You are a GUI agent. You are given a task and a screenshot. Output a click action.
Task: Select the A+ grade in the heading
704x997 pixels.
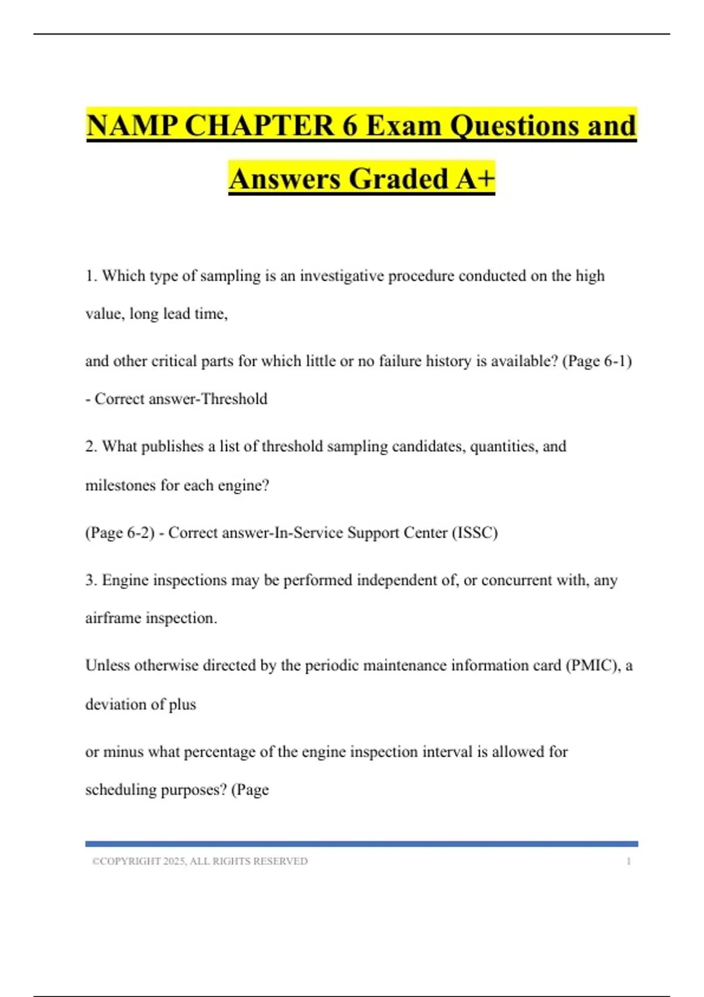[x=476, y=179]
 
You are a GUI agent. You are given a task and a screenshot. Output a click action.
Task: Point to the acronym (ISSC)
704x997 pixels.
[x=475, y=533]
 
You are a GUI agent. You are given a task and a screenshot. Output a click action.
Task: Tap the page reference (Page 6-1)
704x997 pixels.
[x=597, y=361]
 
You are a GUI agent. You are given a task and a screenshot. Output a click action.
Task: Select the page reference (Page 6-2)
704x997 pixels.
[x=120, y=533]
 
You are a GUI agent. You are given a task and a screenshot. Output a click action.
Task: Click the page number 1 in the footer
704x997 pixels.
[x=628, y=862]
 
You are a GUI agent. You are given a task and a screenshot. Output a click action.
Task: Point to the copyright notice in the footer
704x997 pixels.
[x=199, y=862]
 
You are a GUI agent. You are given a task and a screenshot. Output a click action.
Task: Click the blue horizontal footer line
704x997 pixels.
[x=361, y=844]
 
